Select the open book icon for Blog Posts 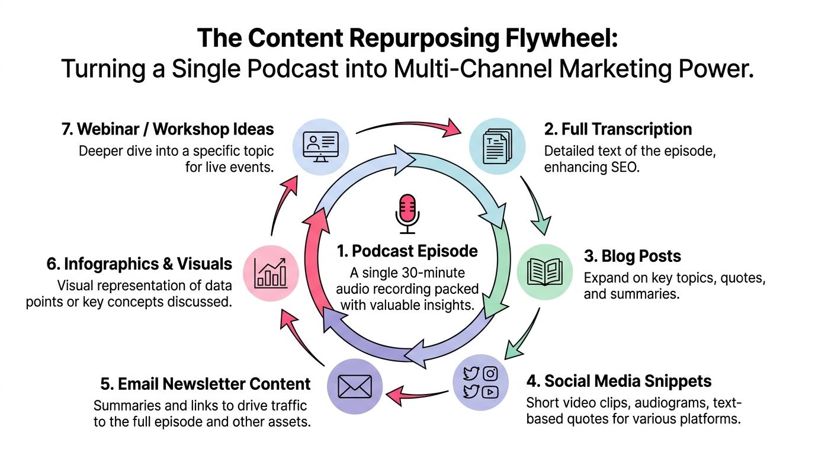coord(544,271)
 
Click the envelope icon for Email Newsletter coord(354,387)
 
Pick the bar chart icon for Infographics coord(270,273)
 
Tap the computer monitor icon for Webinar coord(320,146)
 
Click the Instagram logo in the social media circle coord(490,373)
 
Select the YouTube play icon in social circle coord(490,392)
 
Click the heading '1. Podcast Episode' coord(407,251)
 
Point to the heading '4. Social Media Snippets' coord(619,380)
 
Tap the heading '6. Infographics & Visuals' coord(139,264)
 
